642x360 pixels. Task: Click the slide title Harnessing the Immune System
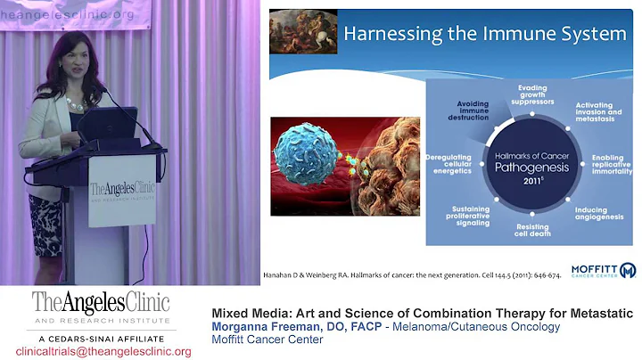[x=486, y=34]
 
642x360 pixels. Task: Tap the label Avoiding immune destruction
[x=468, y=110]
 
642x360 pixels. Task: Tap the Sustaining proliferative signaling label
[x=465, y=216]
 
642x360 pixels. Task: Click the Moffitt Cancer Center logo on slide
[x=603, y=270]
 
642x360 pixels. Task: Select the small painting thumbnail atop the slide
[x=303, y=31]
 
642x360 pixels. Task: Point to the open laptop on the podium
[x=107, y=125]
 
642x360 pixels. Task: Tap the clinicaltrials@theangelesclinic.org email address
[x=103, y=351]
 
